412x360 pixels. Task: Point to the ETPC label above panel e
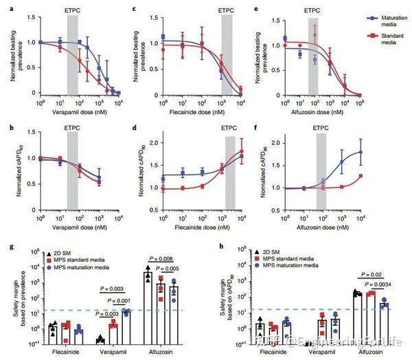(317, 11)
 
